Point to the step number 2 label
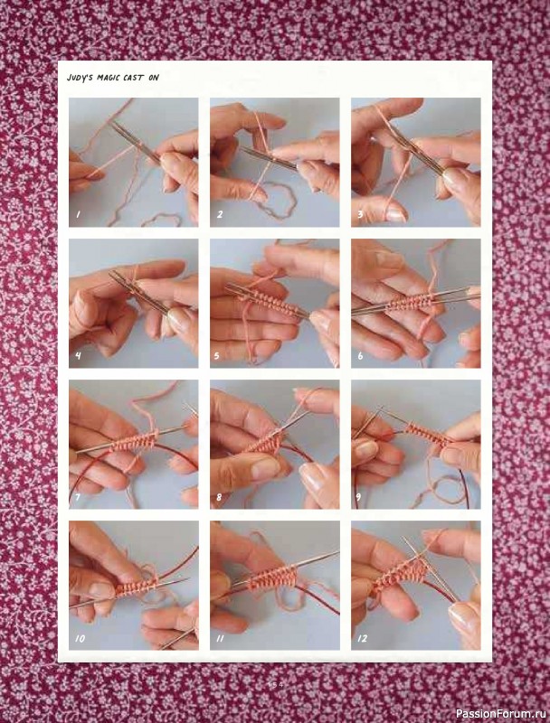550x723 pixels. click(219, 214)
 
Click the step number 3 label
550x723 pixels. click(360, 214)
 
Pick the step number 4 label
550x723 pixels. click(78, 355)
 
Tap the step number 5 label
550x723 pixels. click(218, 355)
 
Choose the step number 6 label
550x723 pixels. click(360, 355)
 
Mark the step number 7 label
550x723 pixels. click(78, 496)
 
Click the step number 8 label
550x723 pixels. click(219, 496)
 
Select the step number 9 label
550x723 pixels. click(360, 496)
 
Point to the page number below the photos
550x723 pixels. click(275, 684)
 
